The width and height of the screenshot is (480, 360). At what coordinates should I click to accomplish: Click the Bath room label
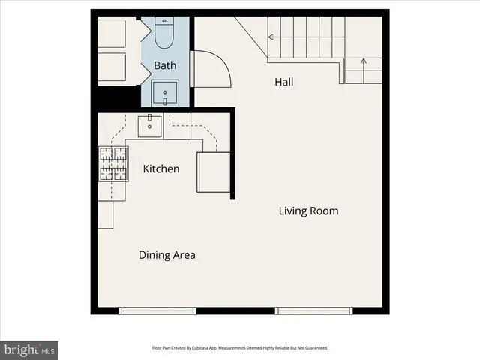click(x=165, y=65)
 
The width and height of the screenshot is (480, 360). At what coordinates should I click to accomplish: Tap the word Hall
click(x=283, y=82)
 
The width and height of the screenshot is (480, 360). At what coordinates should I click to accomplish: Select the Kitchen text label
click(x=161, y=169)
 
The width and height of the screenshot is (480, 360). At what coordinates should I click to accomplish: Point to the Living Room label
click(x=308, y=211)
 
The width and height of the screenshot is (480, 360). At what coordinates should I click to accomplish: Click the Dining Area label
click(x=166, y=255)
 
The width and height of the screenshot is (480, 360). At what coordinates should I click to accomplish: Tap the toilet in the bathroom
click(x=164, y=34)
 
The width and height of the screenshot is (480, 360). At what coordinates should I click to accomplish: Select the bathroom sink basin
click(x=165, y=94)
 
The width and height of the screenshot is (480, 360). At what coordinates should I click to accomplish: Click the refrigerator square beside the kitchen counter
click(x=213, y=172)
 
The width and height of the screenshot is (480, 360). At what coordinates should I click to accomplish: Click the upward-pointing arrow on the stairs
click(x=364, y=63)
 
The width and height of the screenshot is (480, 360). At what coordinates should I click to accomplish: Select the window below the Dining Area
click(x=157, y=310)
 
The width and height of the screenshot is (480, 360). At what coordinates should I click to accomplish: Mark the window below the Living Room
click(x=313, y=310)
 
